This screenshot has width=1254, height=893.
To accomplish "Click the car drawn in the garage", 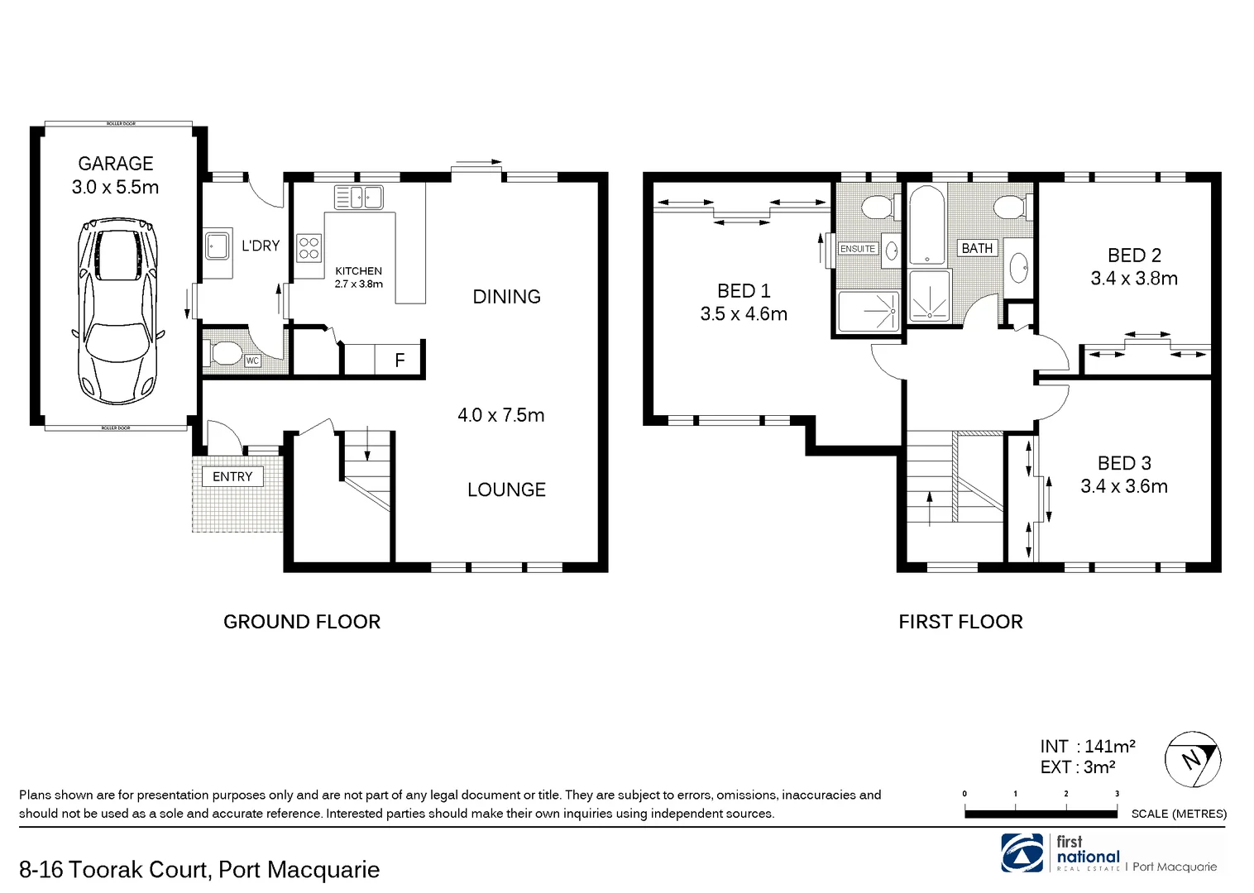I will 116,310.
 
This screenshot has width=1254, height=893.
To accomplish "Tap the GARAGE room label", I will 116,164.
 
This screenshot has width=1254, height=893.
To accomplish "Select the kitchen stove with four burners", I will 309,248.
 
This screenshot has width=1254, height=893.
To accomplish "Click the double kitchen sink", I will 358,197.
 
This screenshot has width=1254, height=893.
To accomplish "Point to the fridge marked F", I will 400,360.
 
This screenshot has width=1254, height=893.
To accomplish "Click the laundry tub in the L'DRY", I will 218,246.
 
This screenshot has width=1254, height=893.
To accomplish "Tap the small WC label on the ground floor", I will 252,361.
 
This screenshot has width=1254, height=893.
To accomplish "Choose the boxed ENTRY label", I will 232,476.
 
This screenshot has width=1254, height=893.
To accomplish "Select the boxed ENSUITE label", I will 857,248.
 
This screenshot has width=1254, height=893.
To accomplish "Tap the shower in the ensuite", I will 868,312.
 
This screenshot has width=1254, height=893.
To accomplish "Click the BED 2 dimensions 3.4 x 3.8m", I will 1134,279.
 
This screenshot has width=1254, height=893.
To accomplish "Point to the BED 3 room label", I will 1124,463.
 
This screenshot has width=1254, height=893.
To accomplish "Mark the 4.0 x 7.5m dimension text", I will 501,415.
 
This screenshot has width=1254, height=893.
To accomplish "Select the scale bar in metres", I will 1041,814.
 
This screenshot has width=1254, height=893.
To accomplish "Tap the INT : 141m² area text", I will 1087,746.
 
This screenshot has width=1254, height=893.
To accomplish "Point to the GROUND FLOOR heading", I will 302,622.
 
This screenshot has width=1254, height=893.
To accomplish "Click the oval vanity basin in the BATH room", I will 1019,267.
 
